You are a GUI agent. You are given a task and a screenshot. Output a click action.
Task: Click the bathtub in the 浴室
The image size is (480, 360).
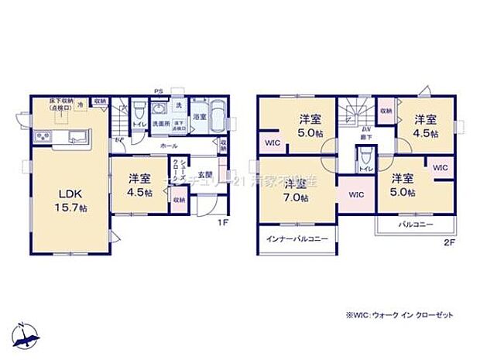(x=214, y=120)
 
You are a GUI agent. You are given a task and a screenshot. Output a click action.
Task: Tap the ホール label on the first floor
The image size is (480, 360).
(x=168, y=145)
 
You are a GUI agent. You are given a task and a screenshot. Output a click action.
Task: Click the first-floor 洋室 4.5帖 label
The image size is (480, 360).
(x=139, y=183)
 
